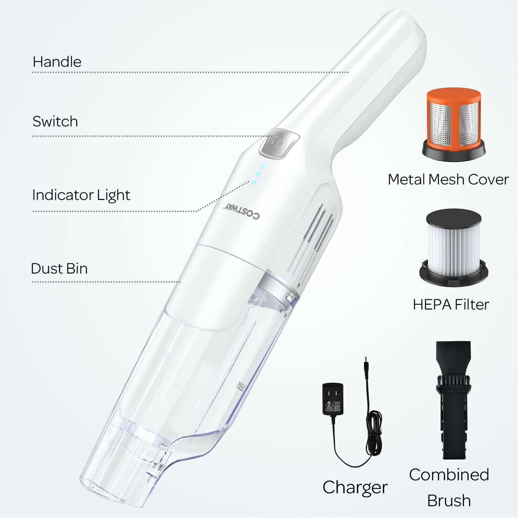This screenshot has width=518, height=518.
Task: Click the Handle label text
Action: coord(57,62)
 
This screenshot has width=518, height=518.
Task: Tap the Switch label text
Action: coord(55,121)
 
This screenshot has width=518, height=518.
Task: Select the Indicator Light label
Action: coord(81,195)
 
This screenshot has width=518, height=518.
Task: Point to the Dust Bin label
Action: coord(59,268)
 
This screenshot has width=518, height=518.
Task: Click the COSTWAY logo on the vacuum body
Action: coord(242,211)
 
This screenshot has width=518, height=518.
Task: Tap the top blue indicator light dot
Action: coord(262,166)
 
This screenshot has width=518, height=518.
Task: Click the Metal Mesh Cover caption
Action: coord(448,179)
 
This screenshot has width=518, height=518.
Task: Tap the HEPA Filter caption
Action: coord(451,304)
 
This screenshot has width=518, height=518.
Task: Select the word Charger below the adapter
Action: coord(355,487)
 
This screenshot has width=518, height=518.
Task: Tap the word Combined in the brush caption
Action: coord(449,475)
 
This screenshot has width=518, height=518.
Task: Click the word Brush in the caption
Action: coord(449,500)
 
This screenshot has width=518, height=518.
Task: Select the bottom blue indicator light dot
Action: coord(253,183)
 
